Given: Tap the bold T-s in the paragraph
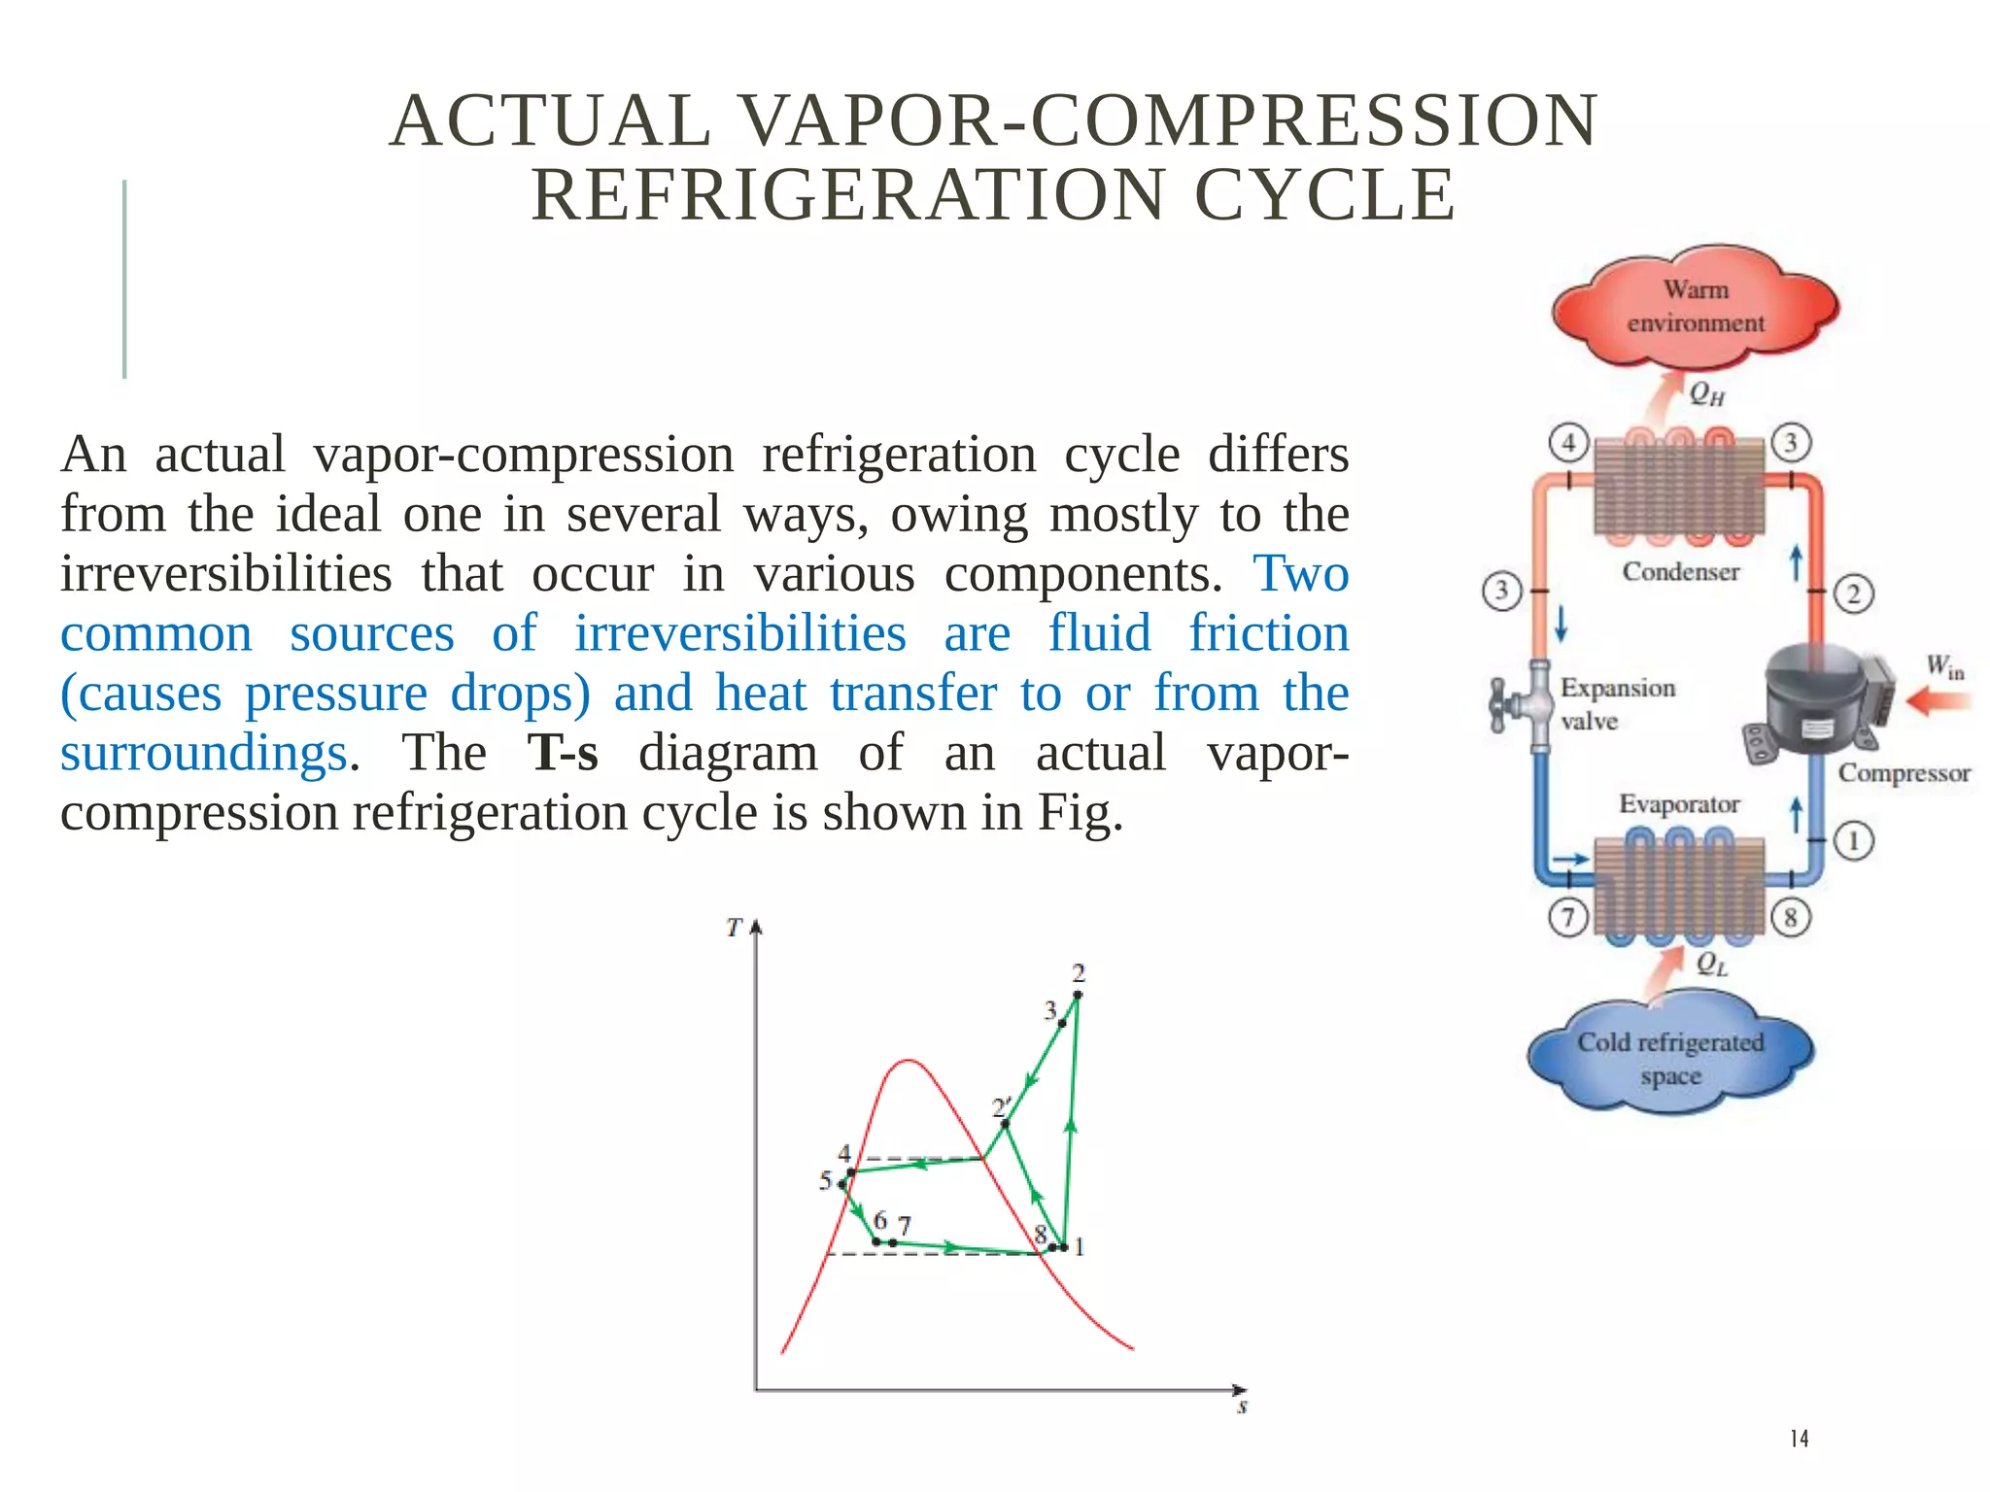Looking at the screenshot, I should [563, 753].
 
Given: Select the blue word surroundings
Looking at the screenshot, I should [204, 753].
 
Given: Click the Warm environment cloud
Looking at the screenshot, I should [1696, 306].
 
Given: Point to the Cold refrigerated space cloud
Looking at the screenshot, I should [1670, 1058].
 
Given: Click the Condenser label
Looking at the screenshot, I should [1680, 571].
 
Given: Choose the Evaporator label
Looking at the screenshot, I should [1679, 804].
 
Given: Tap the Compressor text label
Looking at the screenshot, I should [1904, 773].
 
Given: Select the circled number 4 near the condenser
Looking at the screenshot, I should [1568, 443].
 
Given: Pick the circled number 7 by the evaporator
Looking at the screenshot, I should [1567, 917].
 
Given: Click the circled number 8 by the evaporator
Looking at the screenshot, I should [1791, 917].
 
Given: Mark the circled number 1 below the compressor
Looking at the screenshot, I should [1853, 840].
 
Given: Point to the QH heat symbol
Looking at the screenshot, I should [1706, 393].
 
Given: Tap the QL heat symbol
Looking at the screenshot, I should [1711, 964].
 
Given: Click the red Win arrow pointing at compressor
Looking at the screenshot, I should [1938, 701].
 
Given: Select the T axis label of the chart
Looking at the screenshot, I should [735, 928].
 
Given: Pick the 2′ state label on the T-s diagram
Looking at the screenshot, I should [1001, 1107].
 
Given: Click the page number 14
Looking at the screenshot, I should [1799, 1439].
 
